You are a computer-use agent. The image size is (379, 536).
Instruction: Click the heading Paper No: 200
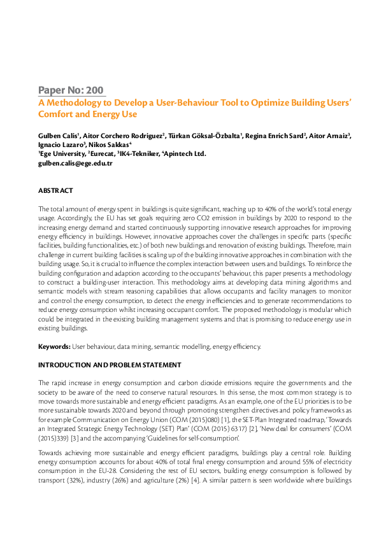click(71, 90)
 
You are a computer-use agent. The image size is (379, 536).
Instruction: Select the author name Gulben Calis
click(57, 136)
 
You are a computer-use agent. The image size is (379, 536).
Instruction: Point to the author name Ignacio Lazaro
click(59, 145)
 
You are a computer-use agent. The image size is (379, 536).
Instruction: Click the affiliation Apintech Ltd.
click(185, 153)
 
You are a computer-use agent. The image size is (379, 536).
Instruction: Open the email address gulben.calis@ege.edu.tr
click(75, 164)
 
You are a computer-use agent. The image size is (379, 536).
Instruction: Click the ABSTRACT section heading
click(55, 190)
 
